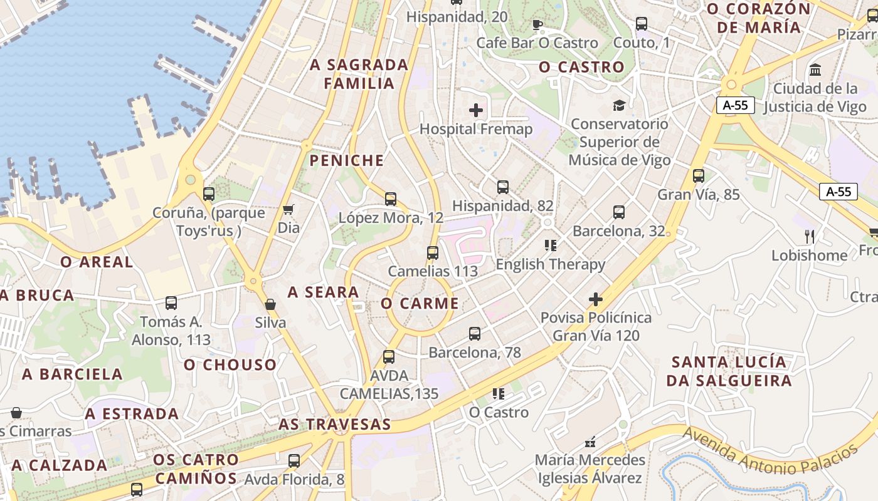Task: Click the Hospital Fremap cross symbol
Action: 476,111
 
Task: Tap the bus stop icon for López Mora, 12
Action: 391,199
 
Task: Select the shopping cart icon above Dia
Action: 288,209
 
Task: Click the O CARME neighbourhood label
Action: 420,304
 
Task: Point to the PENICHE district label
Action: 346,161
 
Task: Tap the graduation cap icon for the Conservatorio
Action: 619,105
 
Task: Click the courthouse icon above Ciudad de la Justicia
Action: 815,70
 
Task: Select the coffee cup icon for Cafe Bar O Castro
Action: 537,24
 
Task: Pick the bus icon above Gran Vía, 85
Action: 699,176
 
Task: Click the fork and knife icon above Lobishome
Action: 810,237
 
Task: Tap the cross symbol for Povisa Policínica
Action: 596,299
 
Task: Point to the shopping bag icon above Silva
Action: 270,304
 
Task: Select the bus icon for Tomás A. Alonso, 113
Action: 171,303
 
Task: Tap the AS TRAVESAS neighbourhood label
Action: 335,425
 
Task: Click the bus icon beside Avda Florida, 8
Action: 294,461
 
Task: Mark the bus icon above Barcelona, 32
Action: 619,212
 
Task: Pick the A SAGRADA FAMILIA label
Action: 359,74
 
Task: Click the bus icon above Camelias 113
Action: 433,253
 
